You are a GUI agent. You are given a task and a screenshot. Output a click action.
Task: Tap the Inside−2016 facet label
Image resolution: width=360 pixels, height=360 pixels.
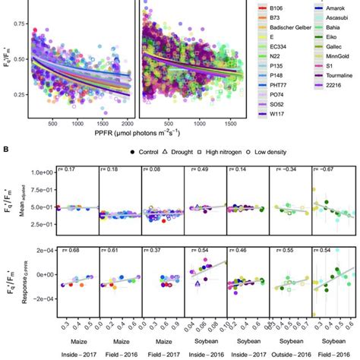pyautogui.click(x=197, y=354)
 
